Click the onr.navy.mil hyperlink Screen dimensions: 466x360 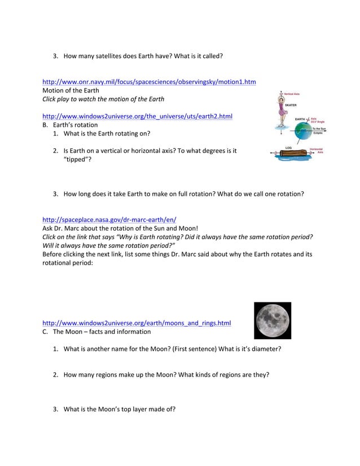pyautogui.click(x=149, y=82)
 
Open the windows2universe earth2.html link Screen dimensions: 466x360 pyautogui.click(x=137, y=116)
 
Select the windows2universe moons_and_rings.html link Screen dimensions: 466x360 pyautogui.click(x=137, y=323)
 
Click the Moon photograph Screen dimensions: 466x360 pyautogui.click(x=273, y=320)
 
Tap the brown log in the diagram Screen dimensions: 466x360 pyautogui.click(x=292, y=154)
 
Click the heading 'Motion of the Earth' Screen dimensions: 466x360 pyautogui.click(x=71, y=90)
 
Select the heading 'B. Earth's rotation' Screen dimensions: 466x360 pyautogui.click(x=70, y=125)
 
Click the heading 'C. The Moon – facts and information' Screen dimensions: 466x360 pyautogui.click(x=96, y=332)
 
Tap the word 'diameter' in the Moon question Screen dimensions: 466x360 pyautogui.click(x=265, y=349)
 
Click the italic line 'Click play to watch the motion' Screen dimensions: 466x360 pyautogui.click(x=103, y=99)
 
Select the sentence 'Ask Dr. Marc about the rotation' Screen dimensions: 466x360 pyautogui.click(x=120, y=228)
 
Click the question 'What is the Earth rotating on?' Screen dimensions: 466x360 pyautogui.click(x=107, y=134)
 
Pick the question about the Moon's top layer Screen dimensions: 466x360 pyautogui.click(x=119, y=409)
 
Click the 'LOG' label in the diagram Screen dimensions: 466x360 pyautogui.click(x=288, y=148)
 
